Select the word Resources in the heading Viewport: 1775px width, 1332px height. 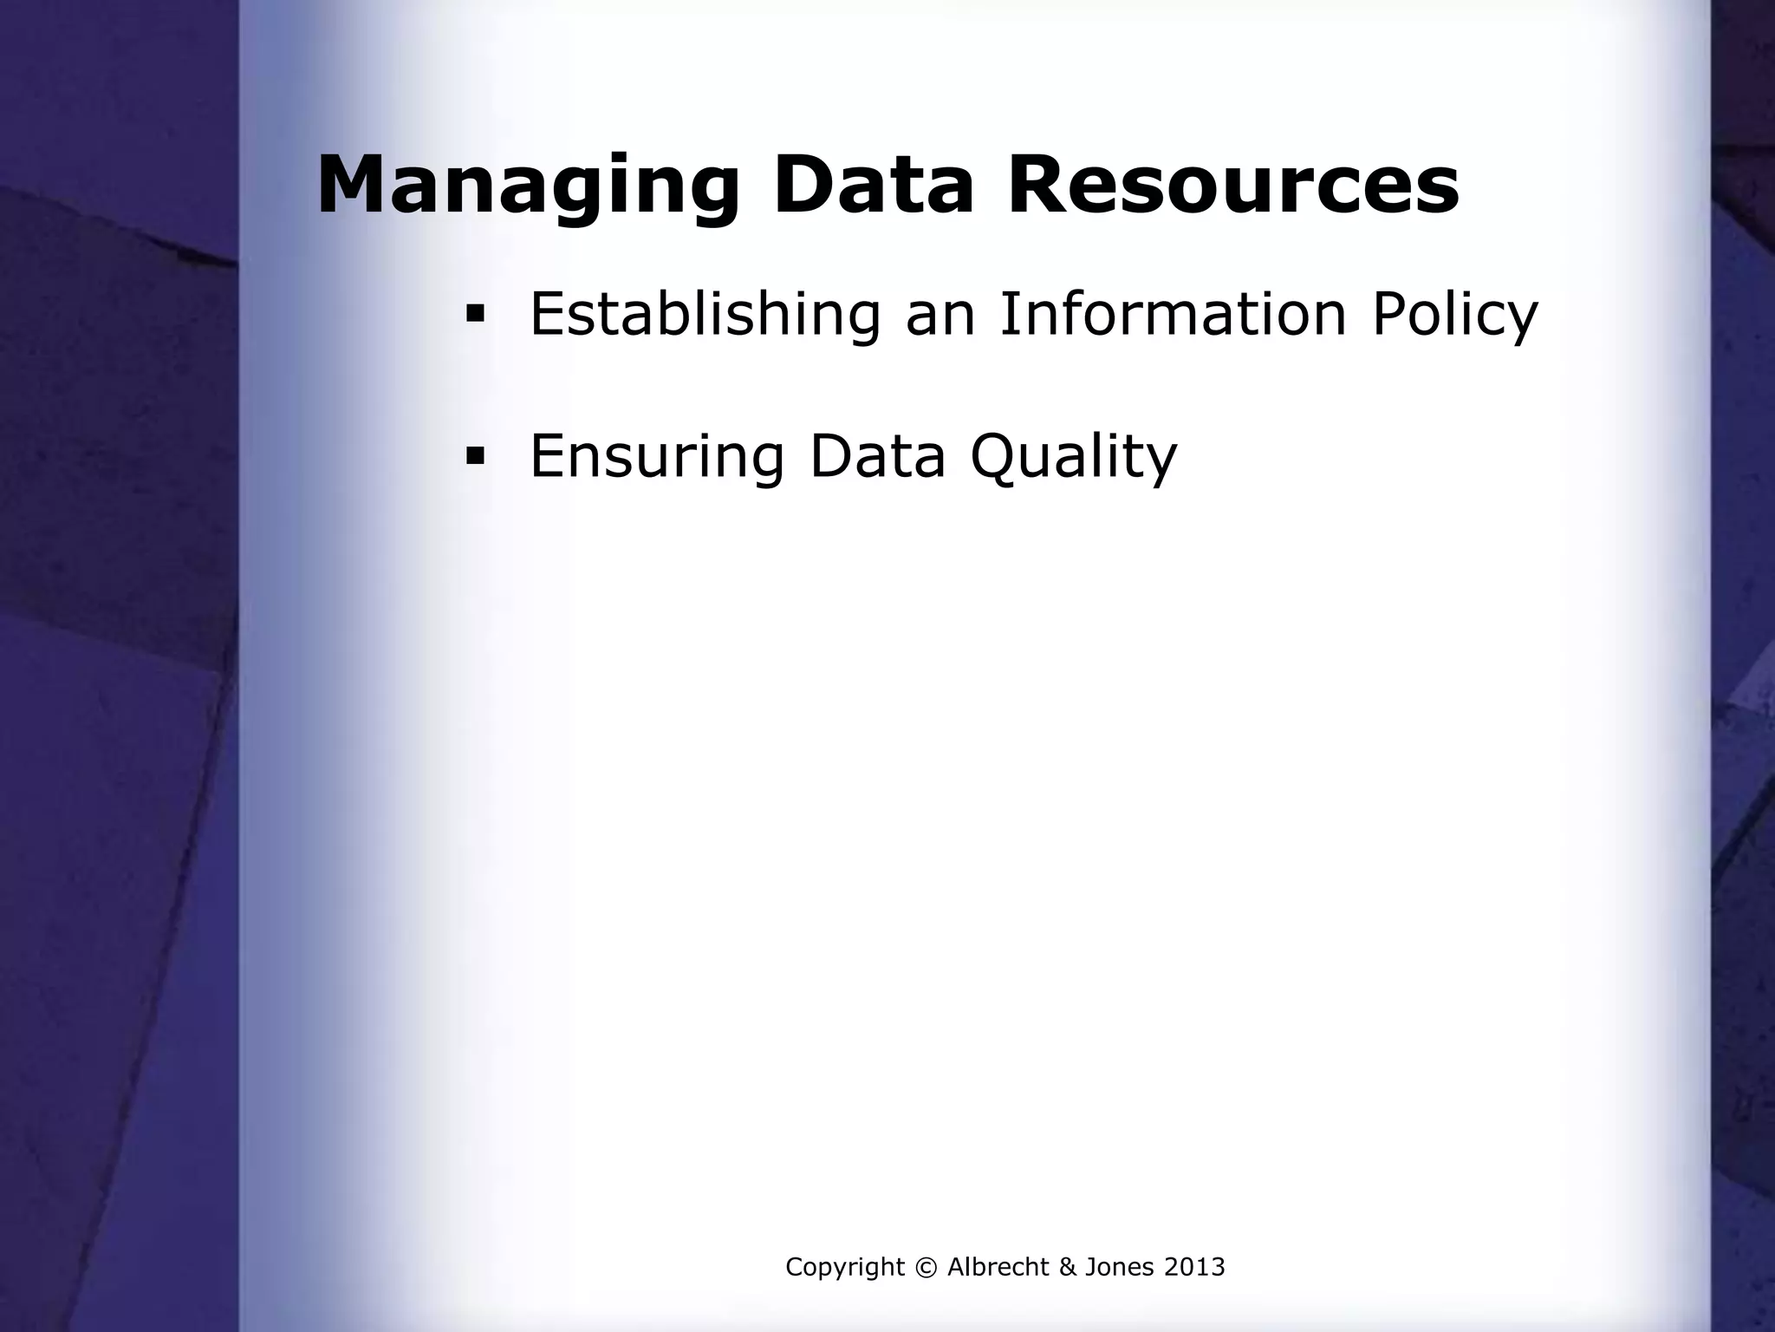[x=1233, y=186]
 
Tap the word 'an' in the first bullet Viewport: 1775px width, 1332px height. [x=939, y=316]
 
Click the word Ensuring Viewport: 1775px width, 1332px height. [x=657, y=457]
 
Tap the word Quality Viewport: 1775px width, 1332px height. [x=1074, y=457]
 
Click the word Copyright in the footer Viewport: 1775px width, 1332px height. [x=832, y=1268]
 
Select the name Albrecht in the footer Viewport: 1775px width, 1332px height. [x=998, y=1267]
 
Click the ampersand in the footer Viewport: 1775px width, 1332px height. [x=1067, y=1268]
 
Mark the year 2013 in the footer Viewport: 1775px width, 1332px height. [x=1194, y=1267]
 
